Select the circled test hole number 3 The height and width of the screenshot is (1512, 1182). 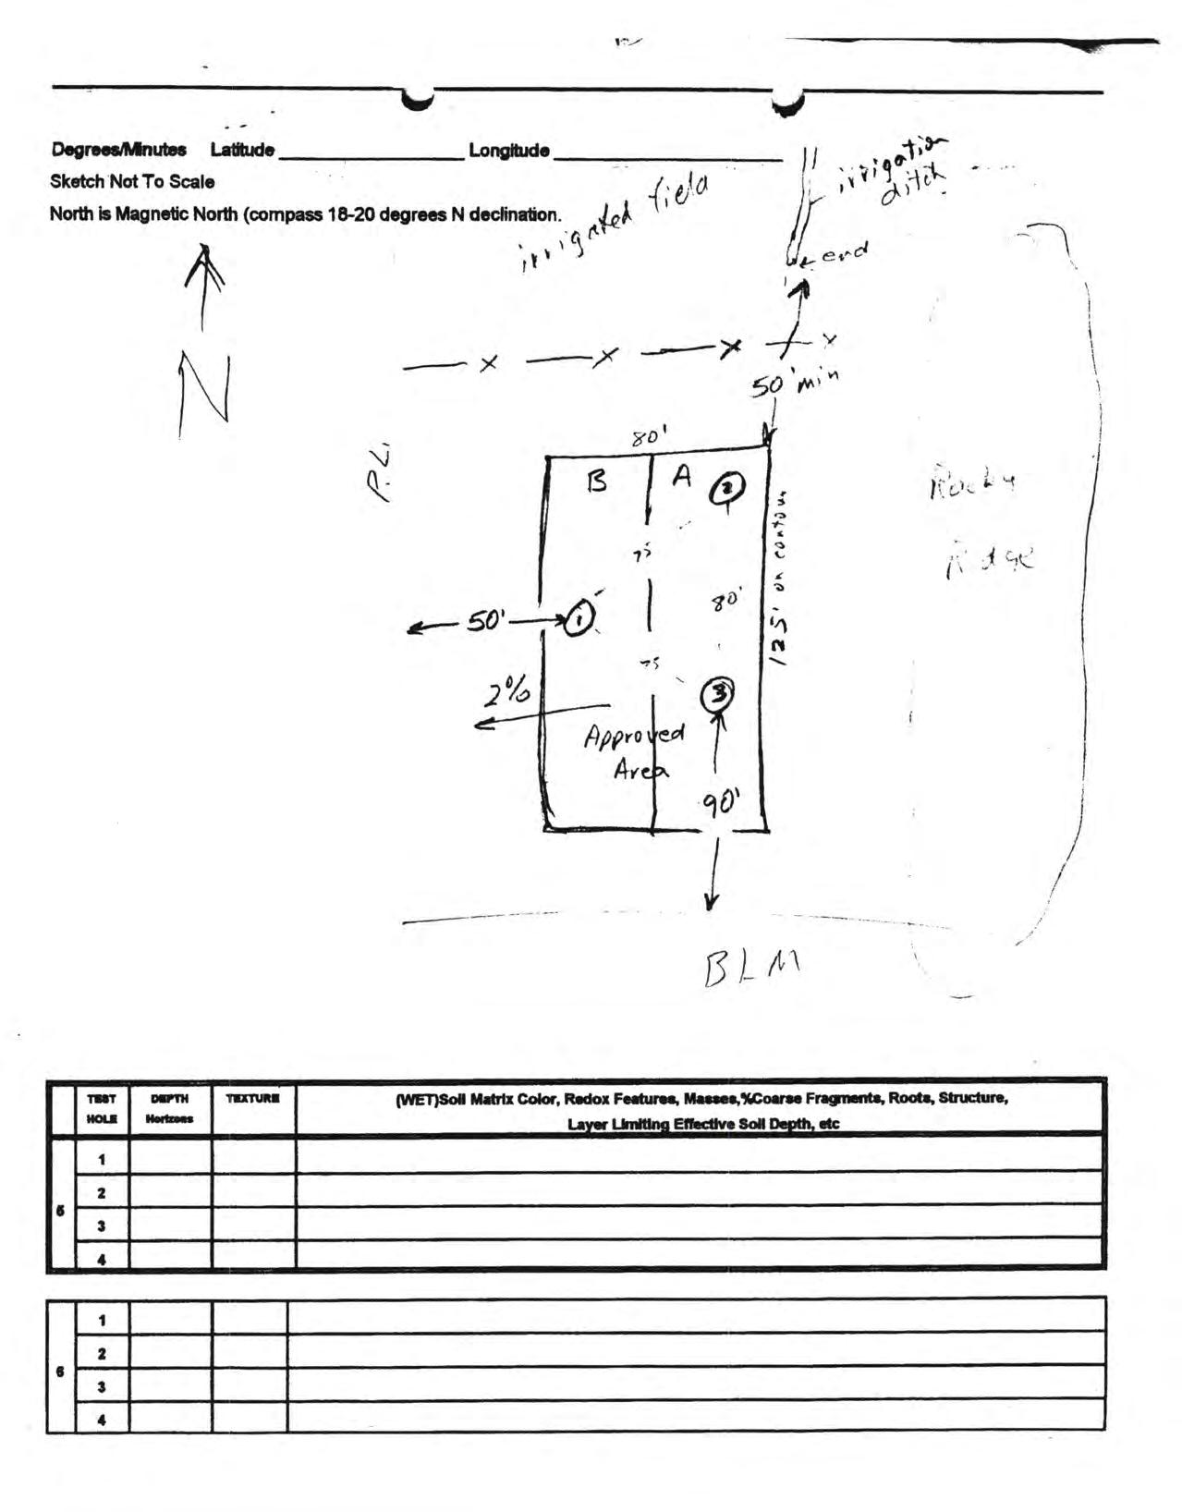[718, 694]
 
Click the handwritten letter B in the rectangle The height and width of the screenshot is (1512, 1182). [597, 482]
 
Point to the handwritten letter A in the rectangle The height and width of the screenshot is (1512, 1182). [682, 476]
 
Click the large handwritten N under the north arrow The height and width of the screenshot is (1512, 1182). [204, 387]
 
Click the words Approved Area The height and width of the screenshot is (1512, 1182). [635, 750]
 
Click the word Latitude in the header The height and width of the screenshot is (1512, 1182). [242, 150]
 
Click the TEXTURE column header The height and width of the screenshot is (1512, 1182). [253, 1099]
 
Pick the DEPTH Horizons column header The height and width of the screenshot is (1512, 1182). [169, 1108]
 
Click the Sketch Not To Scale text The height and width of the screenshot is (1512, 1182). [132, 182]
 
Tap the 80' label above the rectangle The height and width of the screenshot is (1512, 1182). [650, 436]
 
